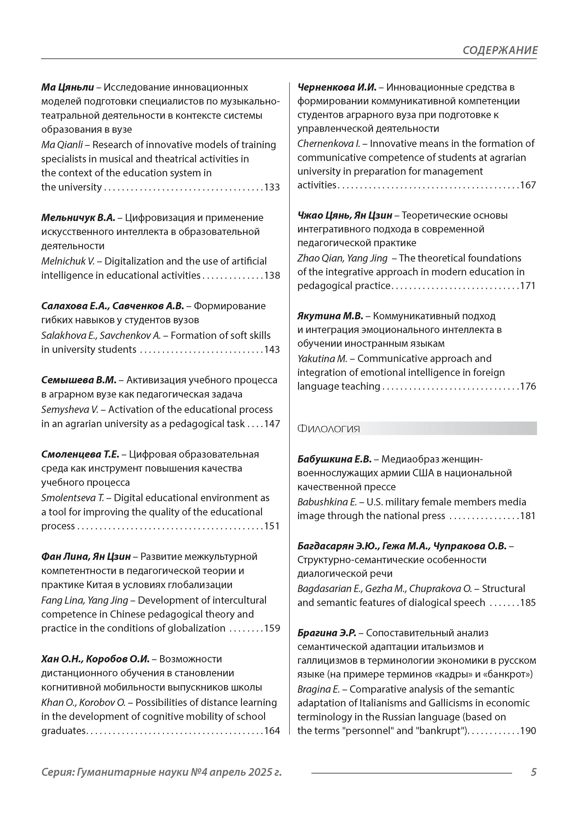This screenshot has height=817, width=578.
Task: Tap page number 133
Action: point(272,187)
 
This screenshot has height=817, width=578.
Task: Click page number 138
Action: point(272,276)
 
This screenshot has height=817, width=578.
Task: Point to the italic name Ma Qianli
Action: point(62,145)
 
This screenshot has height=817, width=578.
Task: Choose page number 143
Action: point(272,349)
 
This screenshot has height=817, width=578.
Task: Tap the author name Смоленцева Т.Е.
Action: point(80,454)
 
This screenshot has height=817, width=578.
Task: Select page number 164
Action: point(272,731)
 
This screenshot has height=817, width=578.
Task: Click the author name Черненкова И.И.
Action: point(337,87)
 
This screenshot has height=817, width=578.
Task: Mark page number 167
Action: point(528,185)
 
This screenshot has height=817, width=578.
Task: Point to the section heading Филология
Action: point(328,429)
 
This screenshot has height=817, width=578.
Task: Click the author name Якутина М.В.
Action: point(330,316)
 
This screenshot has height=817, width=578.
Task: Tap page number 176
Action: point(528,386)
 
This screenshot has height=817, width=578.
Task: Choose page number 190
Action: point(528,731)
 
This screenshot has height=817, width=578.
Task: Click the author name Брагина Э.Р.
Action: point(327,633)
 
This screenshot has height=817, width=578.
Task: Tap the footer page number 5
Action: point(533,772)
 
